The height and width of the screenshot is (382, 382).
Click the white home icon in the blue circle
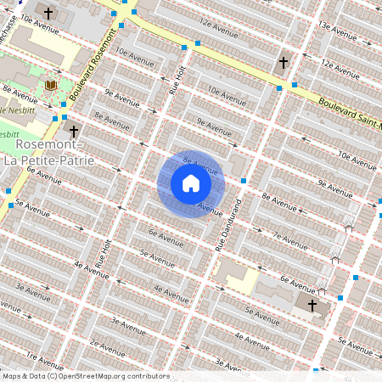pos(191,183)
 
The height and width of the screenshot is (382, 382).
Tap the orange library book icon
pos(50,87)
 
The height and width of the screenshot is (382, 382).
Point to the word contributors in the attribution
pos(149,376)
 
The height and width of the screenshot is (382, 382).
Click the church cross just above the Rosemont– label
pos(74,131)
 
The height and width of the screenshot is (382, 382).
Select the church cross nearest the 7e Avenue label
pos(312,306)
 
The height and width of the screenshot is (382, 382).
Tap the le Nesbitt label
pos(14,110)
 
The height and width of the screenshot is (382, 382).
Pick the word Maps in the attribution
pos(12,376)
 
